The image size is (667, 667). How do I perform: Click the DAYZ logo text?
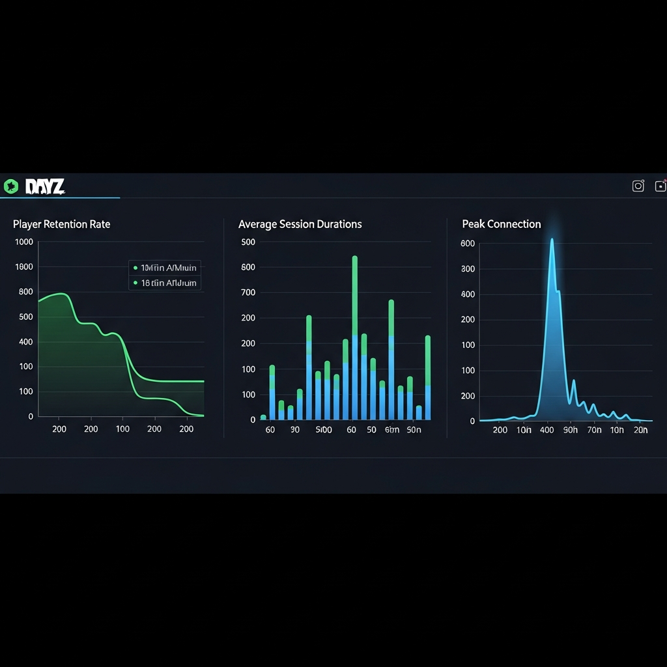(x=45, y=187)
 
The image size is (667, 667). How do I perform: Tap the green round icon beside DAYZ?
(x=10, y=187)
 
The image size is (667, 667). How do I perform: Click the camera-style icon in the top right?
(x=638, y=186)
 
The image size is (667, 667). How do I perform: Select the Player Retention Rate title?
(x=61, y=224)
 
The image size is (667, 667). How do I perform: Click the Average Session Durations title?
(x=300, y=224)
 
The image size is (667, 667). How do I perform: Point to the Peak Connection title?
(x=501, y=224)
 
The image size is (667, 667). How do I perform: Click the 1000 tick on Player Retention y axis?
(x=23, y=242)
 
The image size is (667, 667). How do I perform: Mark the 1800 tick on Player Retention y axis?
(x=23, y=267)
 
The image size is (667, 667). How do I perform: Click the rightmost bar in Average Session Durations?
(x=427, y=377)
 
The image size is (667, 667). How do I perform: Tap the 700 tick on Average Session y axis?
(x=248, y=292)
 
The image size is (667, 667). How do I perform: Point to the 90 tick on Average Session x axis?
(x=295, y=430)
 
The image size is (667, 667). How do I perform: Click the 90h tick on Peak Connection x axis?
(x=570, y=430)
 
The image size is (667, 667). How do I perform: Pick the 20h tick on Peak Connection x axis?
(x=640, y=430)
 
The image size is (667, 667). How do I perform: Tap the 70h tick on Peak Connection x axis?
(x=594, y=430)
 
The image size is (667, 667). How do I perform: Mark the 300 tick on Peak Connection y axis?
(x=468, y=268)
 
